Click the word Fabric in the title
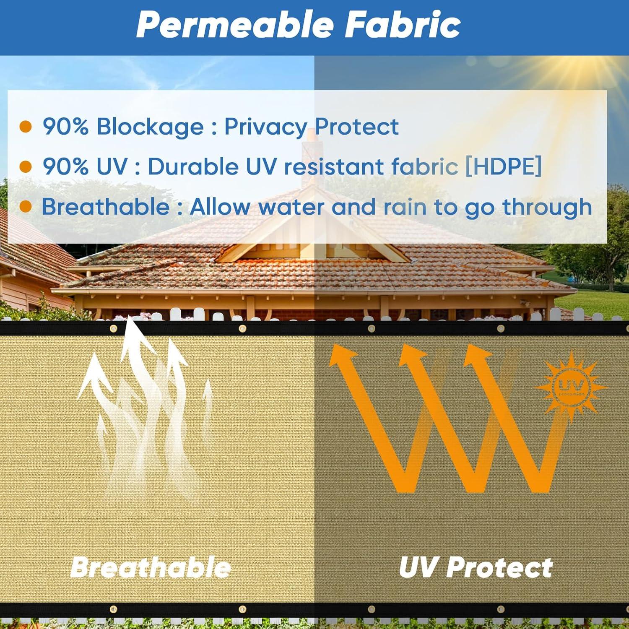(403, 25)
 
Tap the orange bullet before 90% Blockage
(26, 127)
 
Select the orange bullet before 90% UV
(26, 167)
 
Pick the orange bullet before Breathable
(26, 207)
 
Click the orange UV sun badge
(571, 386)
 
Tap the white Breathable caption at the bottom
(151, 567)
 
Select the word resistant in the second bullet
(334, 166)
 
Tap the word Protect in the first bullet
(356, 127)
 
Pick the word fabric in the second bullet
(424, 166)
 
